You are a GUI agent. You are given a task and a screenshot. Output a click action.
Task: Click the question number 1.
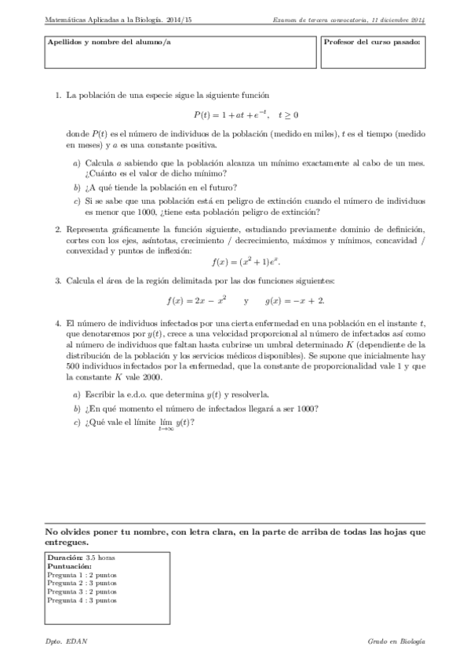coord(58,95)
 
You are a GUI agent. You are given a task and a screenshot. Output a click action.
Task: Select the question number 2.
coord(58,229)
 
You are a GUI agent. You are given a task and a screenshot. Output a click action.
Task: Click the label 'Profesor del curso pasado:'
coord(373,41)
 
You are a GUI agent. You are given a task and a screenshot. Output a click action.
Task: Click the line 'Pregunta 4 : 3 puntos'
coord(82,600)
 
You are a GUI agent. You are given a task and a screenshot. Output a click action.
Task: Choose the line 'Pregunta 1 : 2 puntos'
coord(82,574)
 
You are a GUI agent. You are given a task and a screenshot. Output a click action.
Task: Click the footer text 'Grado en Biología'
coord(396,641)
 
